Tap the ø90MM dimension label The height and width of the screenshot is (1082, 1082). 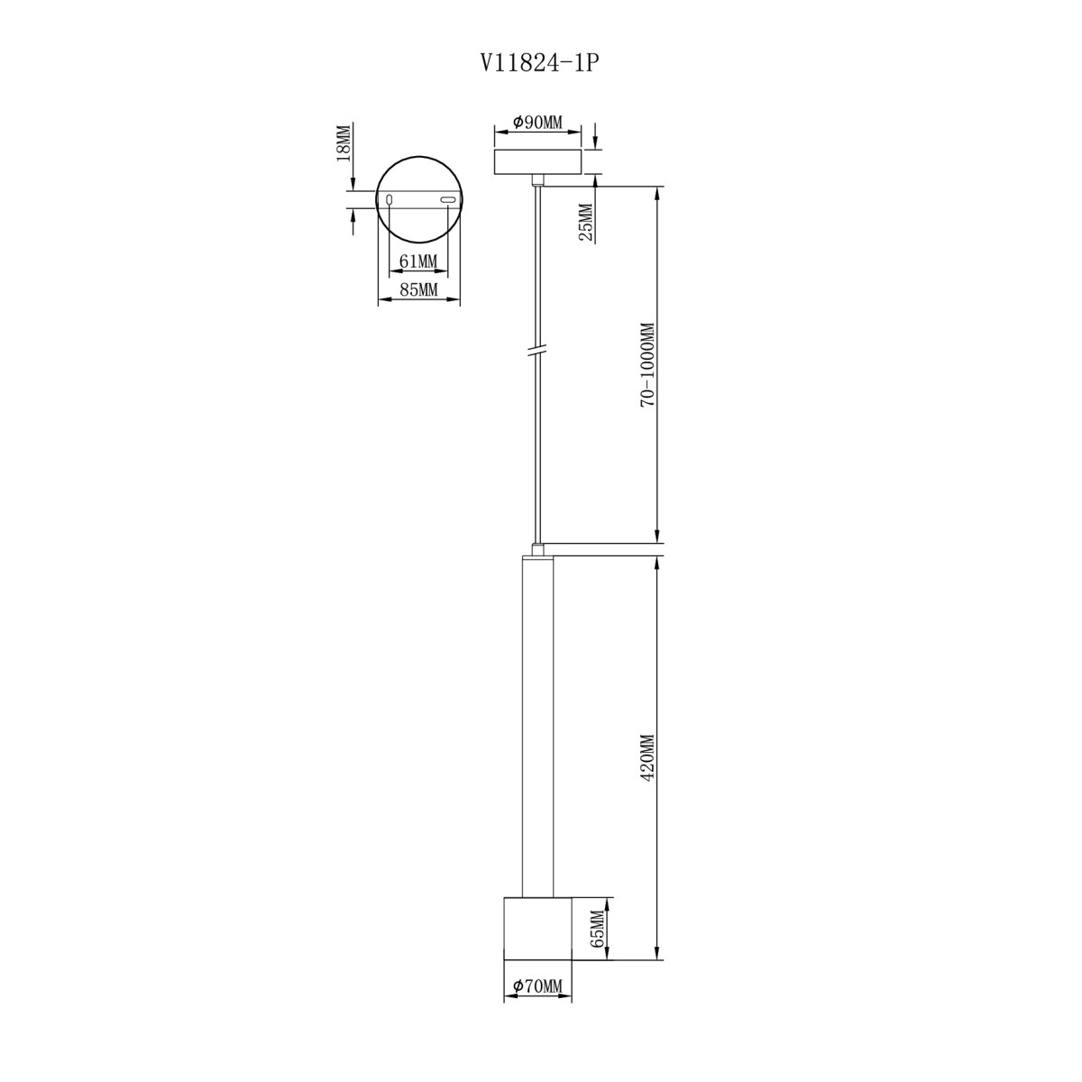pos(536,122)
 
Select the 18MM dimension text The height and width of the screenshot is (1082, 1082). pos(343,143)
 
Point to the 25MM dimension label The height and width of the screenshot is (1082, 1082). pos(585,223)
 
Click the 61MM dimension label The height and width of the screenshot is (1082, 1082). pos(417,261)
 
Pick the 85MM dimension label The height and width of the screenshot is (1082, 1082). pos(417,289)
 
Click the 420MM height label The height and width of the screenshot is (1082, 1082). pos(648,756)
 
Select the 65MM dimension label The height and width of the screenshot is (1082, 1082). pos(599,928)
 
